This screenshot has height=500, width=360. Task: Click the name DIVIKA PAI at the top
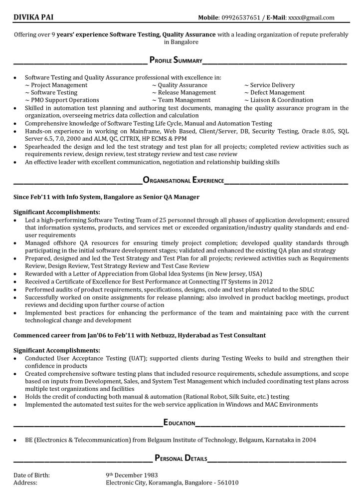pyautogui.click(x=33, y=17)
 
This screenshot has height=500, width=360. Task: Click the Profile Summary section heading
pyautogui.click(x=176, y=60)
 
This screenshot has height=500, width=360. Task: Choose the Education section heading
pyautogui.click(x=179, y=423)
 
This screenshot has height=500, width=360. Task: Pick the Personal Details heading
pyautogui.click(x=181, y=458)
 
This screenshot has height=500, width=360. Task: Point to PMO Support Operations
pyautogui.click(x=62, y=100)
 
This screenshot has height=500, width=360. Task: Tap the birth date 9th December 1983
pyautogui.click(x=132, y=476)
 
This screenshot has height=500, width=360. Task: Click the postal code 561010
pyautogui.click(x=228, y=483)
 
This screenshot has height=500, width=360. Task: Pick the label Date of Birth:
pyautogui.click(x=31, y=476)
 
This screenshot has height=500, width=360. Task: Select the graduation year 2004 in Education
pyautogui.click(x=308, y=440)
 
